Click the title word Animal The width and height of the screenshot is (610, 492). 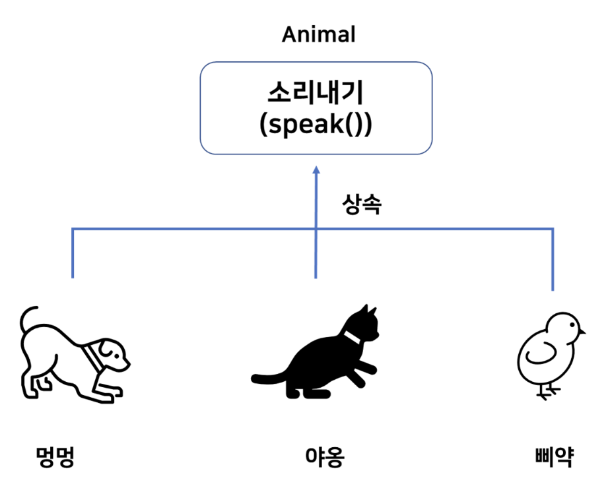coord(319,34)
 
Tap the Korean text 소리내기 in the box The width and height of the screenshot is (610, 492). coord(316,92)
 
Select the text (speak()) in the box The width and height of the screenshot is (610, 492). coord(316,125)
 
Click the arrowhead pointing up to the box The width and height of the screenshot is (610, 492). coord(316,170)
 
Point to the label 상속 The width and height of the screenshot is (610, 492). coord(362,204)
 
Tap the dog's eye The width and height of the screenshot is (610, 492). coord(117,354)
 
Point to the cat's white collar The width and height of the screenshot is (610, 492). coord(352,337)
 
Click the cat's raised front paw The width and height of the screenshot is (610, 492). coord(366,367)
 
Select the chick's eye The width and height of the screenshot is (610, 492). coord(572,325)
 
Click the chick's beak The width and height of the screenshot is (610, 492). coord(582,332)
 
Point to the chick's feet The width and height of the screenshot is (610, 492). coord(548,392)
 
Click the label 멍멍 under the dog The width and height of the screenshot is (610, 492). coord(55,456)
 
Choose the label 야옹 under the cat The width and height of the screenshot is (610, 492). coord(325,456)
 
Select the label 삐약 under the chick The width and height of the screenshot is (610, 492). coord(555,456)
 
